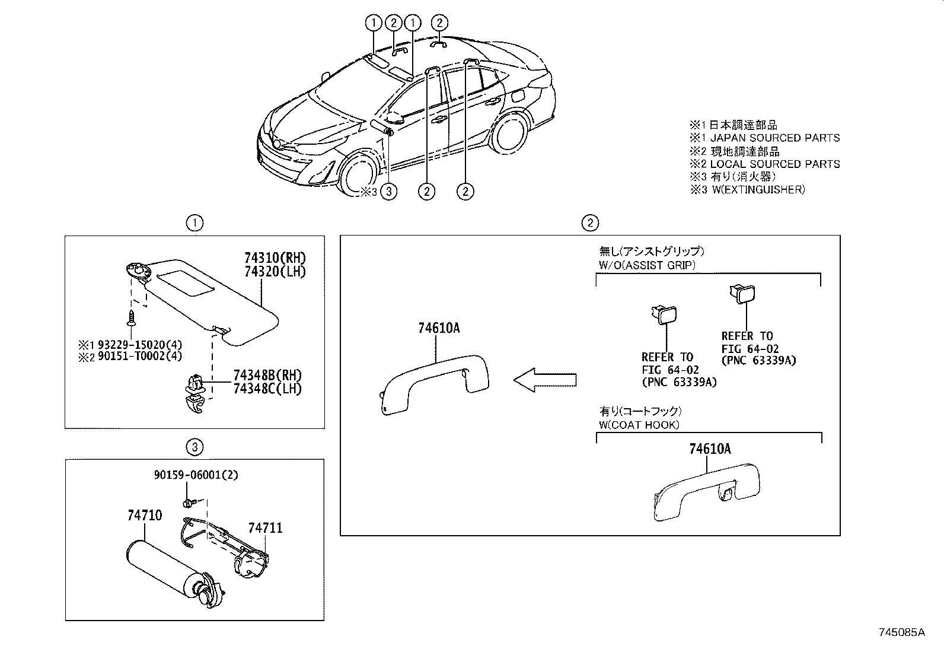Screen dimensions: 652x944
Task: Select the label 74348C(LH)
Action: point(267,389)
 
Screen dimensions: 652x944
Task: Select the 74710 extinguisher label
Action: point(144,516)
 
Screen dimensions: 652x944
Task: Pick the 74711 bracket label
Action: point(265,527)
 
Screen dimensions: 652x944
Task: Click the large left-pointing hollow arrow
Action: point(544,380)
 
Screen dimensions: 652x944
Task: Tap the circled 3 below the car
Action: point(388,192)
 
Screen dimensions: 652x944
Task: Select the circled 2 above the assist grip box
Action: point(589,223)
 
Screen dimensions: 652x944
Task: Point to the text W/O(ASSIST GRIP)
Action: point(647,265)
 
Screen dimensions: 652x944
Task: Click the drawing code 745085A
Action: point(902,632)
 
